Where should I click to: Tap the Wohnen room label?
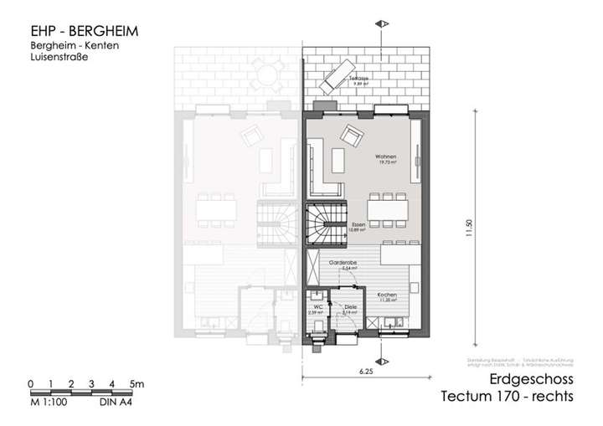pyautogui.click(x=385, y=159)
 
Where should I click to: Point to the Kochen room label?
pyautogui.click(x=386, y=296)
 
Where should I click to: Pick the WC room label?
pyautogui.click(x=319, y=307)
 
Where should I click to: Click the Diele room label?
pyautogui.click(x=350, y=308)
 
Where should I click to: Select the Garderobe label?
pyautogui.click(x=343, y=262)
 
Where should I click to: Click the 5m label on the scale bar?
pyautogui.click(x=137, y=383)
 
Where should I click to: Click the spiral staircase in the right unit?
pyautogui.click(x=325, y=223)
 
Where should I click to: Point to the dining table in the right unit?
pyautogui.click(x=388, y=206)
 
